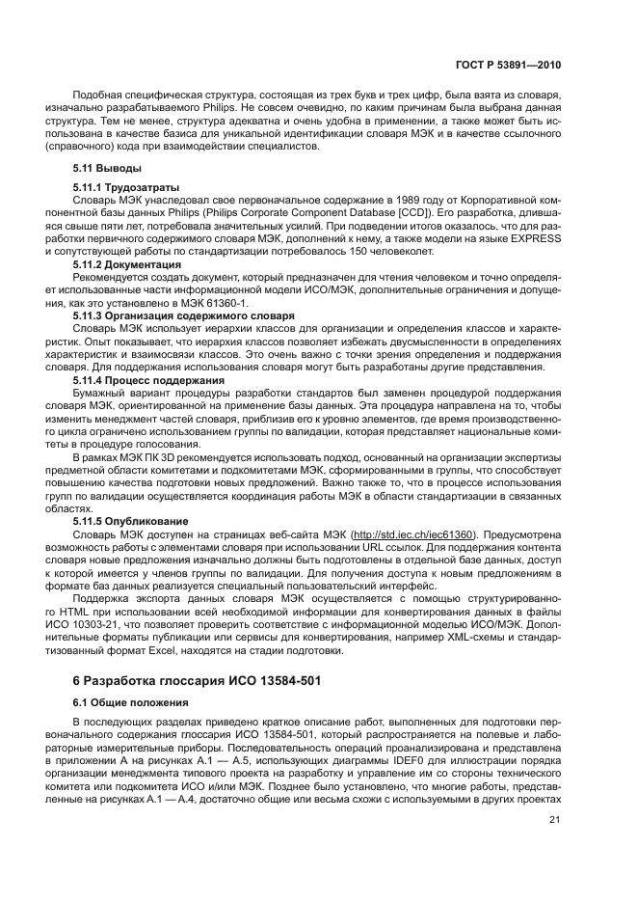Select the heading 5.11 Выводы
tap(101, 169)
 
